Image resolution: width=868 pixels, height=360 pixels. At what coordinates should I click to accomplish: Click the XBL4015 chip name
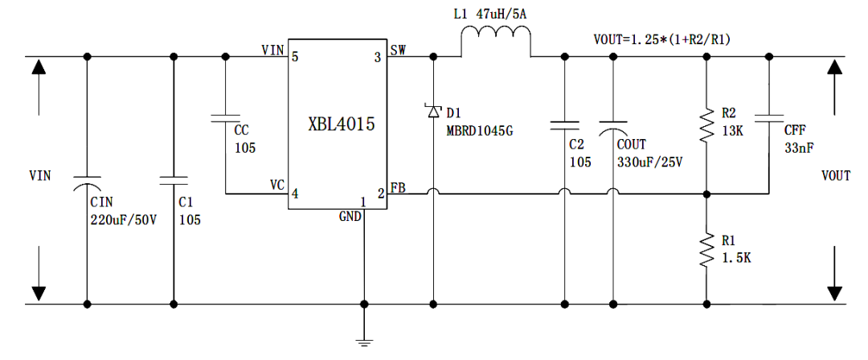click(342, 125)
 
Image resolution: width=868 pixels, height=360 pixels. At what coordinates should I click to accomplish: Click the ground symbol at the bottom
click(364, 341)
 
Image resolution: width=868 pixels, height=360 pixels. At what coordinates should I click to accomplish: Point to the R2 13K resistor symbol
click(706, 124)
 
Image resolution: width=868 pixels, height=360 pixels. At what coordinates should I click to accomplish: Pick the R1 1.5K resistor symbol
click(706, 250)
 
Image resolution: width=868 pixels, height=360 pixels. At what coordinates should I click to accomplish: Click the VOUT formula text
click(661, 39)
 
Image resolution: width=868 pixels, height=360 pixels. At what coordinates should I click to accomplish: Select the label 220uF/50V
click(125, 219)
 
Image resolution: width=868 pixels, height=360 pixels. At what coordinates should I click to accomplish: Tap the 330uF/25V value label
click(649, 162)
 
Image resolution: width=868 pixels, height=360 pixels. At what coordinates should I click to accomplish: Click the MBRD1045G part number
click(479, 131)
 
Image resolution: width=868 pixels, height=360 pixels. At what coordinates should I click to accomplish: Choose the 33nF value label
click(798, 147)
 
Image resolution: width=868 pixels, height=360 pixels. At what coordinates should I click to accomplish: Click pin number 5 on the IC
click(295, 57)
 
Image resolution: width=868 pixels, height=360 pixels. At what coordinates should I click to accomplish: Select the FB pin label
click(398, 188)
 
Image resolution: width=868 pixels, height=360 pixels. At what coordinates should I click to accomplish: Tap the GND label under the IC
click(350, 215)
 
